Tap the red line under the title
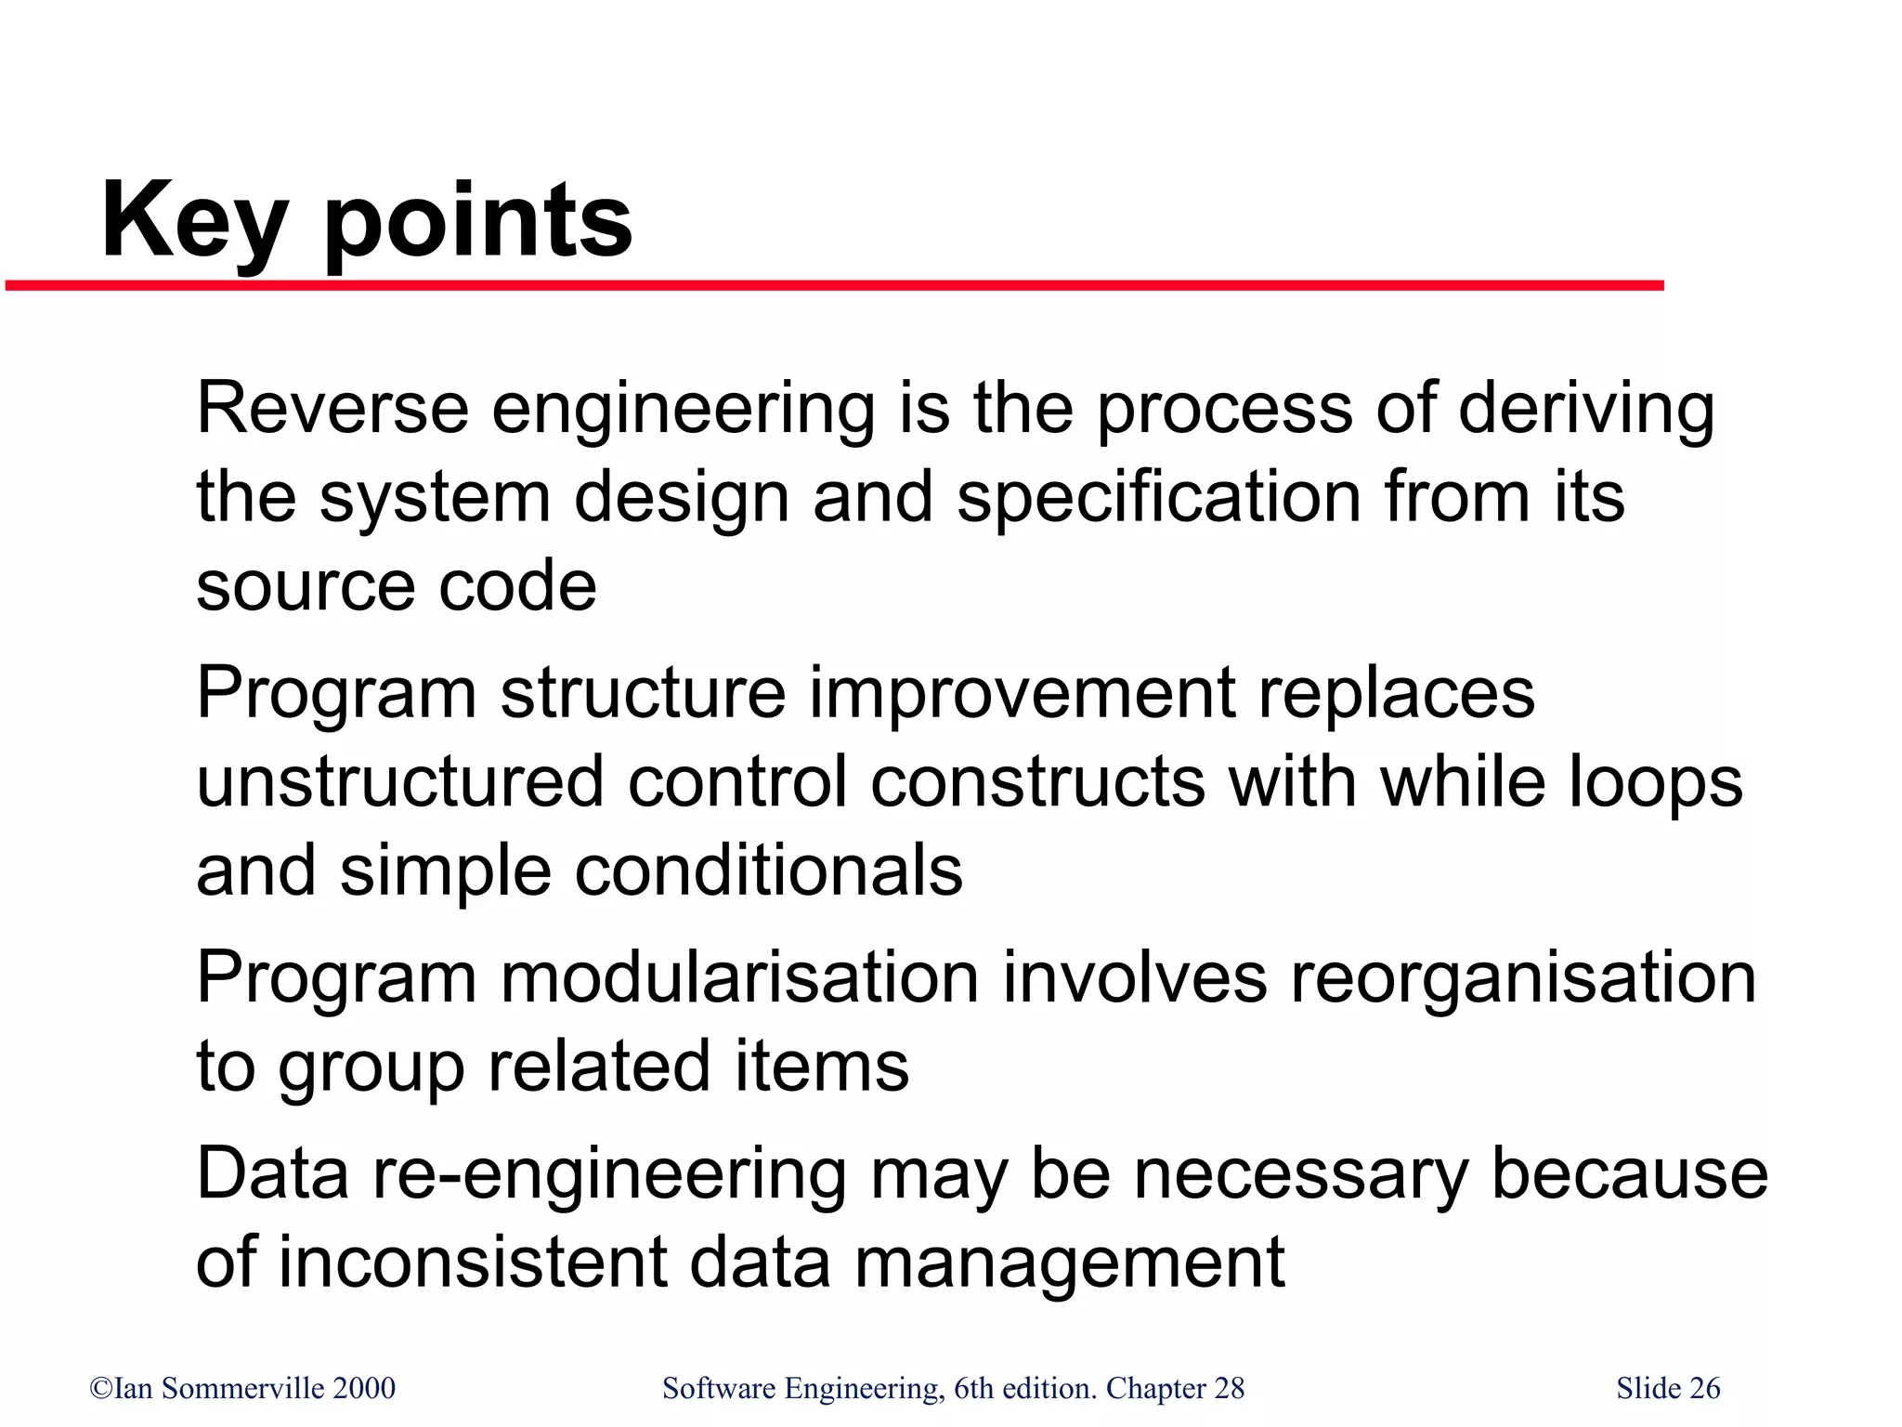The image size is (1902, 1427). (x=836, y=286)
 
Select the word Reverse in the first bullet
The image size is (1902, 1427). (x=332, y=409)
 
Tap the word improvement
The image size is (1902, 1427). (x=1022, y=694)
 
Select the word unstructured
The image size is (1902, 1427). (x=400, y=782)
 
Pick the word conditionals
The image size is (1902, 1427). (x=768, y=871)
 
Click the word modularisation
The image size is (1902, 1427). (x=740, y=977)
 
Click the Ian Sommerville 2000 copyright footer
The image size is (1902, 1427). (x=242, y=1389)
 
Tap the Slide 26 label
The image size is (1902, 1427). (x=1668, y=1389)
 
